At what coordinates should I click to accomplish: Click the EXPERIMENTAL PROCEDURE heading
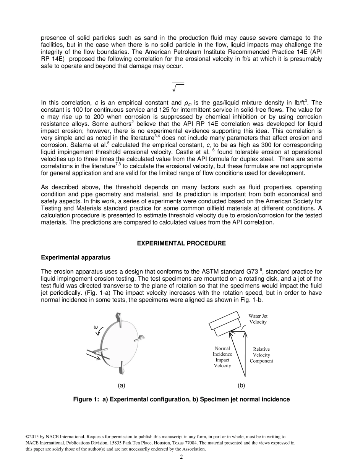click(x=181, y=243)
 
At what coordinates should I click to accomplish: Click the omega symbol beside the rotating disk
click(x=96, y=327)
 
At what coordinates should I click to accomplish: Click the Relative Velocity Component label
click(x=261, y=355)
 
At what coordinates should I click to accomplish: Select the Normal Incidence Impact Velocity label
click(x=222, y=357)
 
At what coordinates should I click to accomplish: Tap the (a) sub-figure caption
click(x=122, y=385)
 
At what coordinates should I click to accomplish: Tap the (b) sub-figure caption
click(x=241, y=385)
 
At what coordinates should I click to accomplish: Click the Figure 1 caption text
click(x=181, y=399)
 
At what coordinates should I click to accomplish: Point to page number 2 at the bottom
click(x=181, y=457)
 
